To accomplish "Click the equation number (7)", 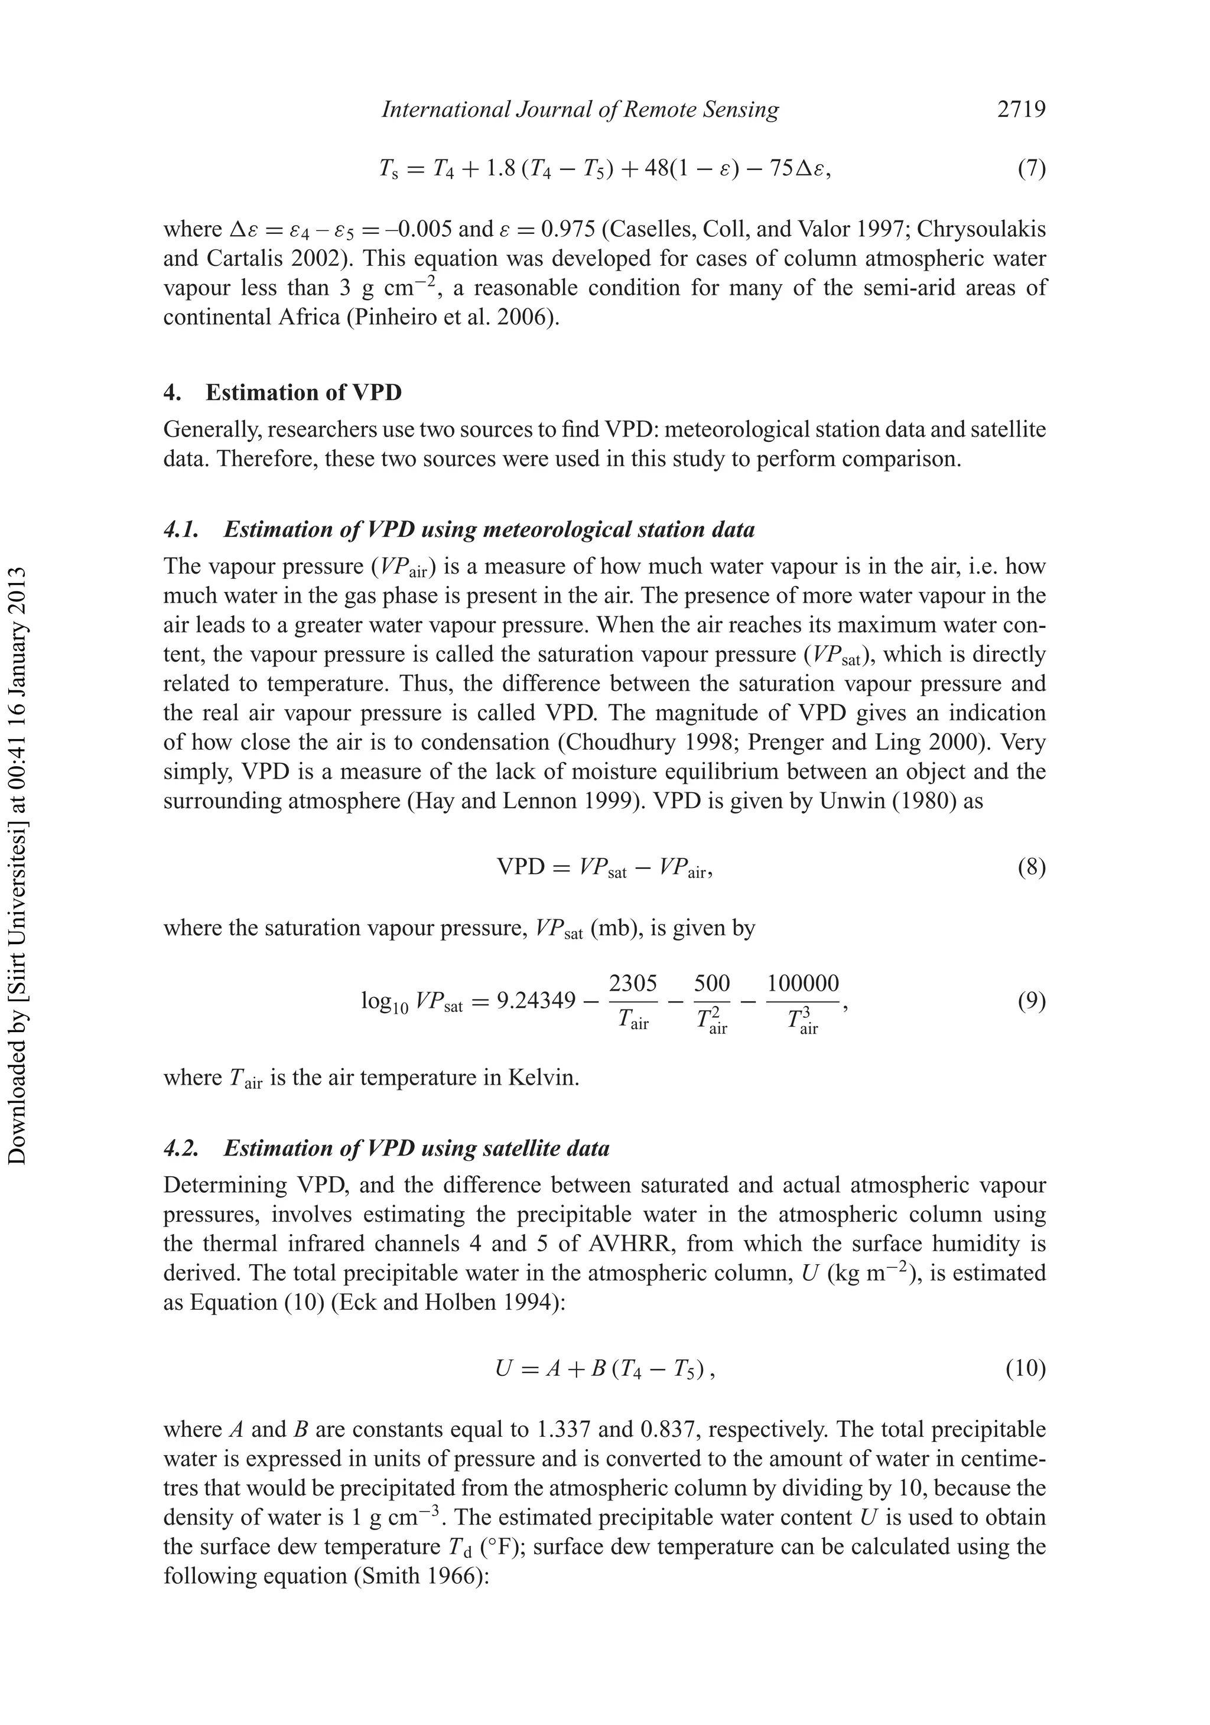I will pyautogui.click(x=1031, y=168).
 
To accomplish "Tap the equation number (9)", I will pyautogui.click(x=1031, y=1001).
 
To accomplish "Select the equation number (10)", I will pyautogui.click(x=1025, y=1369).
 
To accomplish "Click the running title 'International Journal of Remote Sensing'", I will pyautogui.click(x=580, y=110).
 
